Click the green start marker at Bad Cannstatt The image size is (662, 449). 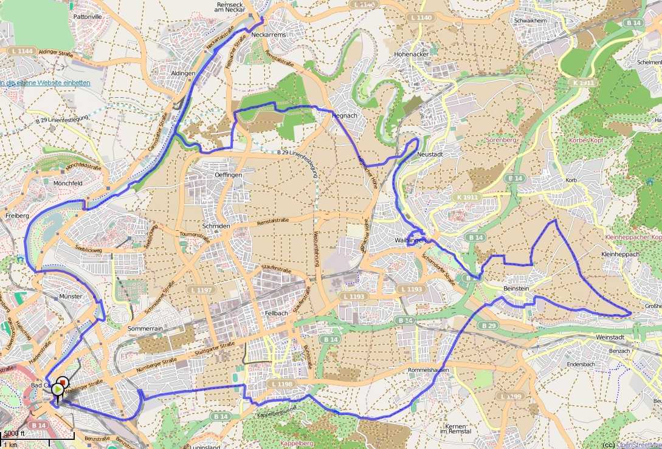click(x=58, y=389)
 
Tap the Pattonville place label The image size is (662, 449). click(x=88, y=17)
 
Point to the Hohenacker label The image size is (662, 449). click(x=412, y=54)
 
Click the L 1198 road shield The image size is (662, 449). click(x=281, y=384)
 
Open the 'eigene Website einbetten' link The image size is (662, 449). click(x=45, y=83)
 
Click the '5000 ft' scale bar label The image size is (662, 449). click(x=13, y=434)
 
